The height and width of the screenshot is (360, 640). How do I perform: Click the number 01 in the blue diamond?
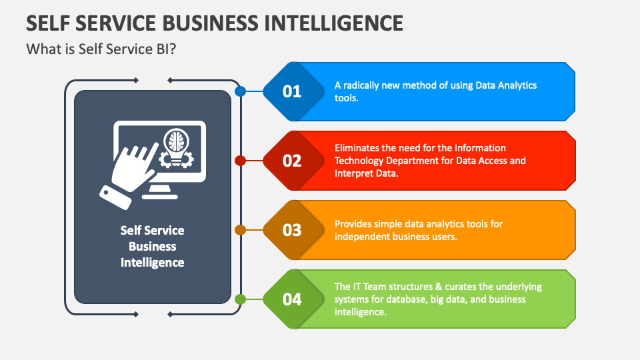pos(292,91)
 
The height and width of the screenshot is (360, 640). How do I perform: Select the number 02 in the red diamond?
pos(292,161)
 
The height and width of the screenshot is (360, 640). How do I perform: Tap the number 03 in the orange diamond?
pos(292,230)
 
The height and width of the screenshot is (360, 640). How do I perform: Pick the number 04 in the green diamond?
pos(292,299)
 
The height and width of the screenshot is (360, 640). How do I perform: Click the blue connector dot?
pos(241,91)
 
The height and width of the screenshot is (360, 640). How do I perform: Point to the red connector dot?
pos(241,161)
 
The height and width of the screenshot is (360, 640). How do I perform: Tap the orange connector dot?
pos(241,230)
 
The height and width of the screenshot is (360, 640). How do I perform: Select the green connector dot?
pos(241,299)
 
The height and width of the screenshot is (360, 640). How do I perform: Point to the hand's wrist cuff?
pos(115,197)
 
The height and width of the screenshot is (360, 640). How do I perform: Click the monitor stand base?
pos(160,197)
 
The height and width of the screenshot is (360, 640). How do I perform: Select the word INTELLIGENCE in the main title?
pos(334,23)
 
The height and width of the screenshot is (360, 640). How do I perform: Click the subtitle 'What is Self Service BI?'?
pos(101,49)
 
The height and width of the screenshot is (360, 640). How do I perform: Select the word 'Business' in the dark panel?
pos(152,247)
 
